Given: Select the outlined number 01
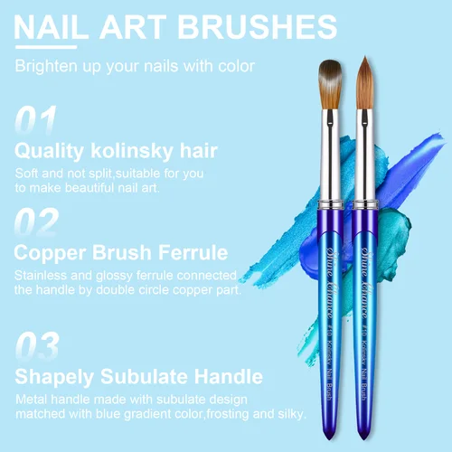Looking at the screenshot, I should click(37, 120).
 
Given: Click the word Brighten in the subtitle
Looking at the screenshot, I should click(47, 66).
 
